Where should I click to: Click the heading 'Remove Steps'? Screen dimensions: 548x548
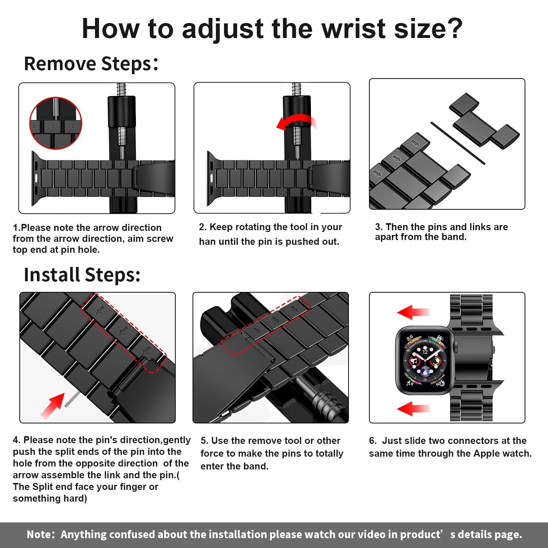coord(88,64)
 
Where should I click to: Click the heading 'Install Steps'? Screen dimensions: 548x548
coord(82,275)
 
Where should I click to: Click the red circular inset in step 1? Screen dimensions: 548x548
coord(56,123)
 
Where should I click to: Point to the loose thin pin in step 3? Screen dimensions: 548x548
coord(457,143)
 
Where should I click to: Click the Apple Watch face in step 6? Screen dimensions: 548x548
coord(425,361)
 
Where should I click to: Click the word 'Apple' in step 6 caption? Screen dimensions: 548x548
coord(486,454)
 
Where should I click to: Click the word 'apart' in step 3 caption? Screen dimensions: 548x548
coord(386,237)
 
